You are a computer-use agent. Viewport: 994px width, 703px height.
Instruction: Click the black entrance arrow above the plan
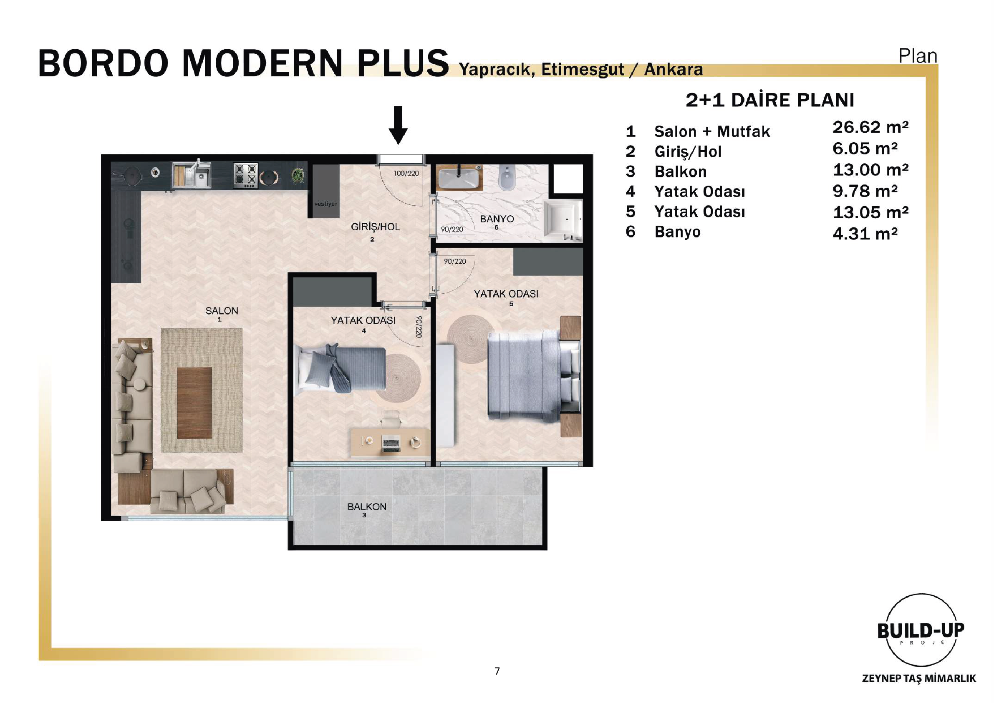point(398,125)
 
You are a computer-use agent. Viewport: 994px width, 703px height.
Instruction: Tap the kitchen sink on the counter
point(192,175)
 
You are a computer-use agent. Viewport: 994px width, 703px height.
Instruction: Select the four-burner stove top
point(246,175)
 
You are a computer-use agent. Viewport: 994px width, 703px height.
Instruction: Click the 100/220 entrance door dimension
point(406,174)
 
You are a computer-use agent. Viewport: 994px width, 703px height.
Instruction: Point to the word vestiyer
point(325,204)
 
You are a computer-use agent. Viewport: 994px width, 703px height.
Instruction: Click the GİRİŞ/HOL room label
point(375,227)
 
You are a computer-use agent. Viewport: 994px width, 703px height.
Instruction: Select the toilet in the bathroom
point(507,177)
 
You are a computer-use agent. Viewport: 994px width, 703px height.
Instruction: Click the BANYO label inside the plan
point(497,219)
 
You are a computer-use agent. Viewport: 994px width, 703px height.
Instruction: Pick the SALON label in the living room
point(222,311)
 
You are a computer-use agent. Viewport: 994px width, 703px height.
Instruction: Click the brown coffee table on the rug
point(194,403)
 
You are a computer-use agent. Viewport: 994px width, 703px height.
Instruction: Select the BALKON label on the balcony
point(367,507)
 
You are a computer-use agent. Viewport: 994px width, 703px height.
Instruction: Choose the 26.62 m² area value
point(870,127)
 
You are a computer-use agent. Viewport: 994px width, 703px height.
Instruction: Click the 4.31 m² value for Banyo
point(865,234)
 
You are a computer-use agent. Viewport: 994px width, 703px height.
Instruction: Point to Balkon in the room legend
point(681,172)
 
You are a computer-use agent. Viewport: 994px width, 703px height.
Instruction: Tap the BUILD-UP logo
point(921,630)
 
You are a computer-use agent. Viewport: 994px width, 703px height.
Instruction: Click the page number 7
point(497,671)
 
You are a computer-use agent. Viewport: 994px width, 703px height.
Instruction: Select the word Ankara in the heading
point(673,70)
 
